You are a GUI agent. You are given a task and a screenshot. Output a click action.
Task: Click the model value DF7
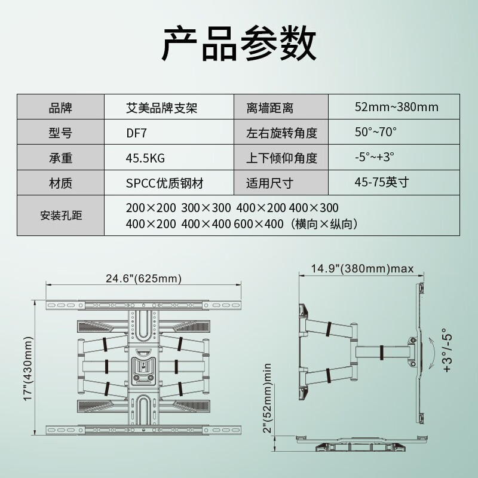(x=136, y=133)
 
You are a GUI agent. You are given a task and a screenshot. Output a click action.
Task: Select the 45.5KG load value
(x=145, y=158)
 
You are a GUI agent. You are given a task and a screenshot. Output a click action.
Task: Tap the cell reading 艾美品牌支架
(x=161, y=108)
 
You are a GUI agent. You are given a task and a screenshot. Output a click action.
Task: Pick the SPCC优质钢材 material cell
(x=165, y=183)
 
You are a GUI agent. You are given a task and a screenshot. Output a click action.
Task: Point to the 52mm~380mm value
(x=397, y=107)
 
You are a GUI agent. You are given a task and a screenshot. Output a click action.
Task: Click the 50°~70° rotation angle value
(x=376, y=132)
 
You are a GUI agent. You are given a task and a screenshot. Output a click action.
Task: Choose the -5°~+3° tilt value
(x=375, y=157)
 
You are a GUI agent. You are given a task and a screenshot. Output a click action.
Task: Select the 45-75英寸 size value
(x=382, y=182)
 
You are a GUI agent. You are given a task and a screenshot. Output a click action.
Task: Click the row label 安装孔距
(x=61, y=216)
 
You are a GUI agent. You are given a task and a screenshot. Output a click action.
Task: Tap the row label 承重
(x=61, y=158)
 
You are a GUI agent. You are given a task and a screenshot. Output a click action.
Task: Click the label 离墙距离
(x=270, y=108)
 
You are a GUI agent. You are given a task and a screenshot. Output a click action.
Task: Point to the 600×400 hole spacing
(x=259, y=224)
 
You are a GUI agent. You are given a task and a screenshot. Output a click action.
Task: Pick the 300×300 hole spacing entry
(x=206, y=208)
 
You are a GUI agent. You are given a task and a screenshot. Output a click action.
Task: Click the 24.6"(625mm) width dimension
(x=143, y=278)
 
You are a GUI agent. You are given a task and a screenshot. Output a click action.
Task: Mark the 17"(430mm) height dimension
(x=28, y=369)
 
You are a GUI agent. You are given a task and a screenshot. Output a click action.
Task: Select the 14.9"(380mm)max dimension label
(x=362, y=268)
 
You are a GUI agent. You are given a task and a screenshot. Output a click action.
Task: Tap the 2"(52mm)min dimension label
(x=267, y=398)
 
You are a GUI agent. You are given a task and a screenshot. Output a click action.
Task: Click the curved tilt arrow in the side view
(x=434, y=353)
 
